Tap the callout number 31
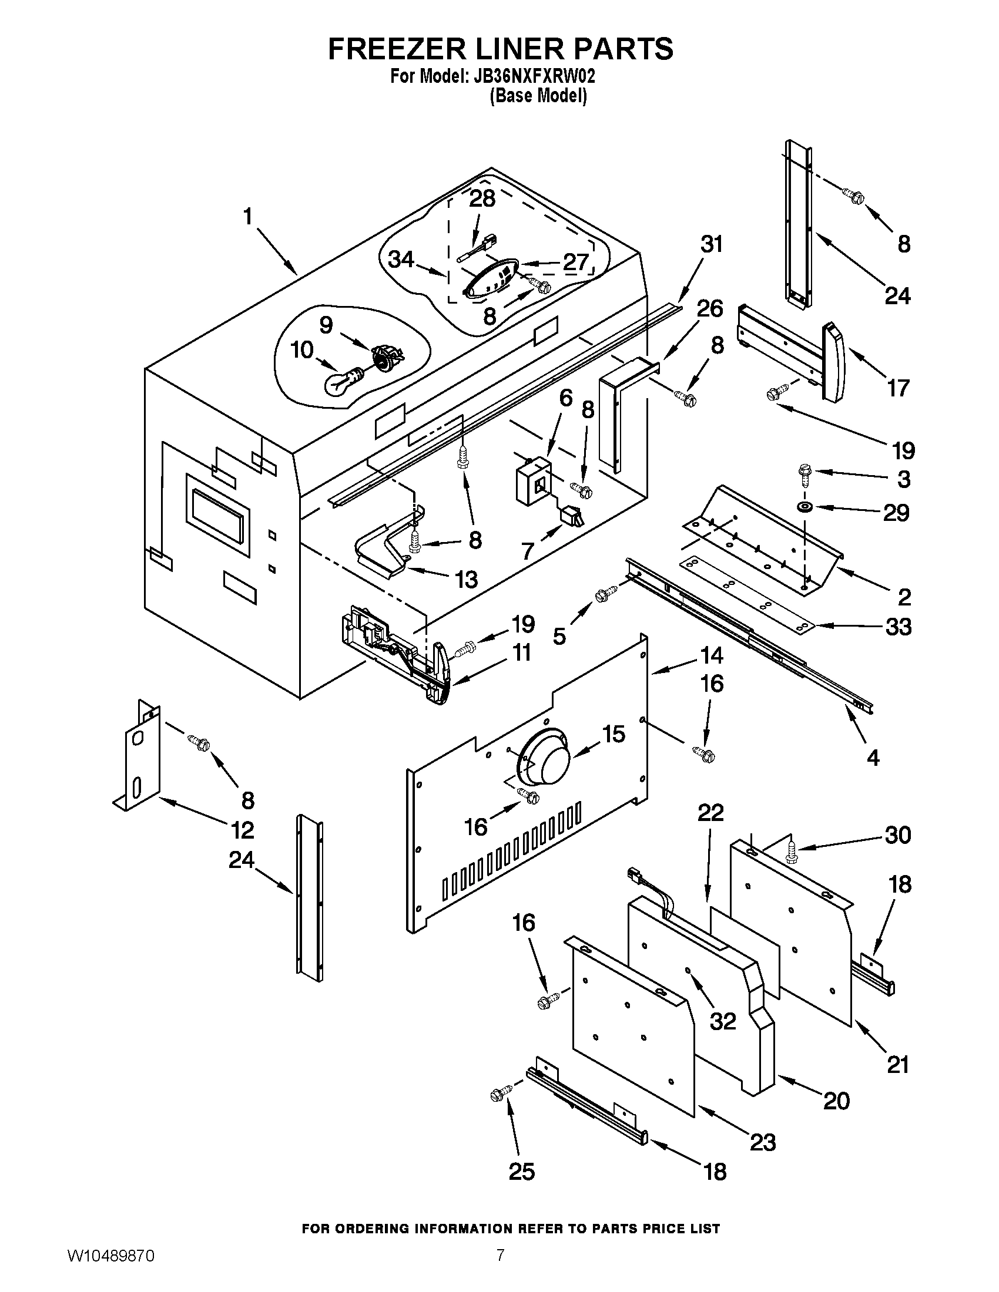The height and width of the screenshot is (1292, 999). [x=712, y=244]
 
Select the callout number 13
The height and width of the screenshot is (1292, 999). [x=467, y=580]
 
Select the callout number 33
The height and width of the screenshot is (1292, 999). [x=899, y=627]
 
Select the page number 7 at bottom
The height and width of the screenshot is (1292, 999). [x=500, y=1267]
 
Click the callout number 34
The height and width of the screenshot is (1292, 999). [x=401, y=259]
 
